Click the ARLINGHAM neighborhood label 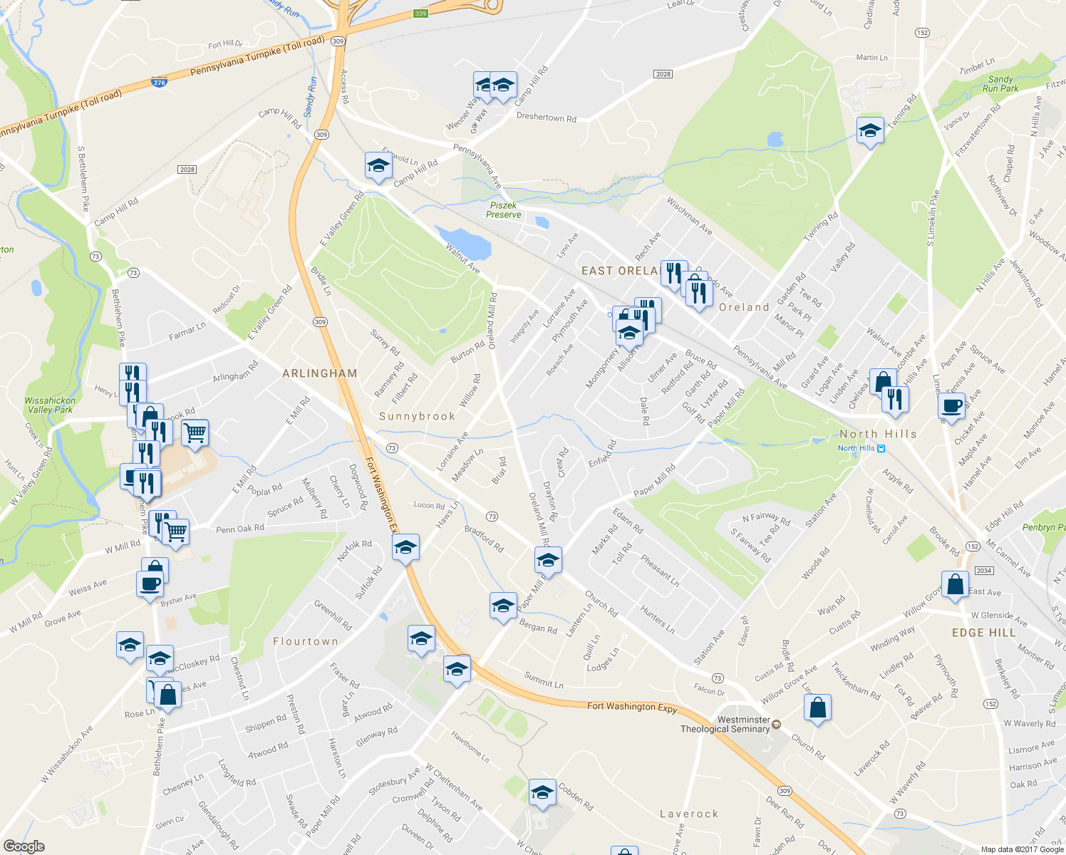tap(319, 373)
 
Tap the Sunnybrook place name tap(417, 417)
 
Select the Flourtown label tap(306, 641)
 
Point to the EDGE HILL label tap(983, 633)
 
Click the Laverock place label tap(689, 814)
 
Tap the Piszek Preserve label tap(504, 209)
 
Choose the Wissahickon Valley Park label tap(50, 405)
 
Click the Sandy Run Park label tap(1000, 84)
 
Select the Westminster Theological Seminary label tap(725, 725)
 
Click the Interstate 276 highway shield tap(159, 83)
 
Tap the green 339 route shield tap(420, 14)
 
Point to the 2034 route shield tap(984, 571)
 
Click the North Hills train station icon tap(881, 448)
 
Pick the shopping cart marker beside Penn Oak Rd tap(175, 530)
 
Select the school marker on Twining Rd tap(869, 131)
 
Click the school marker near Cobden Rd tap(542, 792)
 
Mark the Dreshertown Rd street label tap(546, 118)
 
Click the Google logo tap(24, 846)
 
